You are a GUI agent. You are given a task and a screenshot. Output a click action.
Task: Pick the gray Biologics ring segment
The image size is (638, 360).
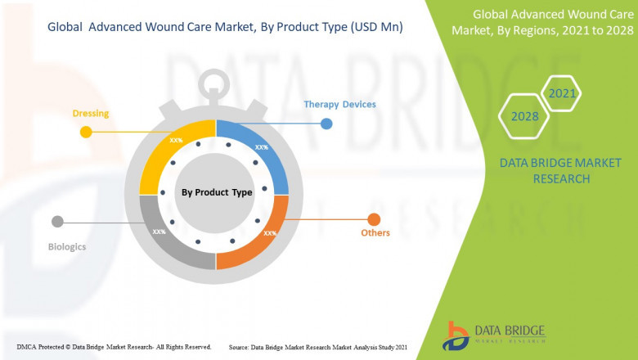[x=168, y=237]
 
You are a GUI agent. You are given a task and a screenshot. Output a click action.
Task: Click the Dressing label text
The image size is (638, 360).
[x=91, y=113]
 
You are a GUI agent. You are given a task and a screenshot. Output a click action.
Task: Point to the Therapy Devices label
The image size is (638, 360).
[x=339, y=105]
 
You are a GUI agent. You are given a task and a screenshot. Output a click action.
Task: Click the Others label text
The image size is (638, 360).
[x=375, y=233]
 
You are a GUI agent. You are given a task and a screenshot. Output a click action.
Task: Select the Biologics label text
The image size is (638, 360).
[x=66, y=245]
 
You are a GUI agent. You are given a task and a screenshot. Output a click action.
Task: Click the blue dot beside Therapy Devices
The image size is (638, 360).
[x=326, y=124]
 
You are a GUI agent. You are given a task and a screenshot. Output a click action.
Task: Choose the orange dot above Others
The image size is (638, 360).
[x=374, y=218]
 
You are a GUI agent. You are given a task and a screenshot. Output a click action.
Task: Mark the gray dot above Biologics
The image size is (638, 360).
[x=57, y=221]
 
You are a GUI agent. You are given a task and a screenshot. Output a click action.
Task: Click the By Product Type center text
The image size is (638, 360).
[x=216, y=192]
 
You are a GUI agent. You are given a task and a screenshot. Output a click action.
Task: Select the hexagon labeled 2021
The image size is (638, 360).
[x=562, y=94]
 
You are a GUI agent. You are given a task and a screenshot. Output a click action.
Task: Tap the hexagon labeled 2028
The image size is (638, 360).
[x=524, y=116]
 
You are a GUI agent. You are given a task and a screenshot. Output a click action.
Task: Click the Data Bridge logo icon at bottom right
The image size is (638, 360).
[x=456, y=335]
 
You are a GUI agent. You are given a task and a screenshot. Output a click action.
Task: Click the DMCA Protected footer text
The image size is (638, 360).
[x=114, y=347]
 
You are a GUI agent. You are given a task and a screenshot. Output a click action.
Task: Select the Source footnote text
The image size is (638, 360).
[x=318, y=347]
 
